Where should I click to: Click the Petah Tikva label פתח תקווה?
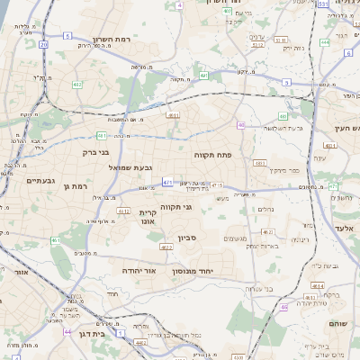[212, 155]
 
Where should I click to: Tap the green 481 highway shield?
[102, 136]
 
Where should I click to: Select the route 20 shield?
[43, 43]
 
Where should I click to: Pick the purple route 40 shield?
[241, 125]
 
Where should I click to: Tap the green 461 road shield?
[55, 241]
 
